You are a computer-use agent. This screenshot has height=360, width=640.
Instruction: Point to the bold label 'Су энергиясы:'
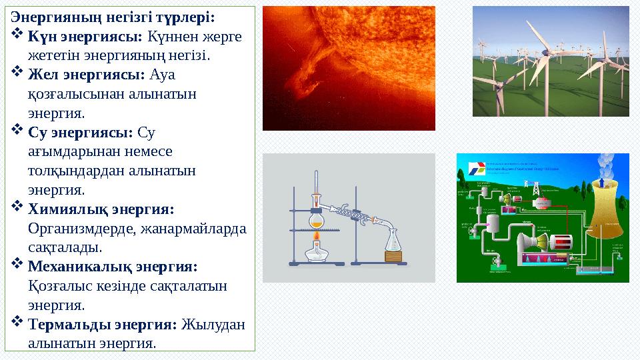[81, 132]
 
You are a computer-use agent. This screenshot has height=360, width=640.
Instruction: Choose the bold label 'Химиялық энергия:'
[101, 209]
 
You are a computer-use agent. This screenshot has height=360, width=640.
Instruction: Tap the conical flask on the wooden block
[394, 239]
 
